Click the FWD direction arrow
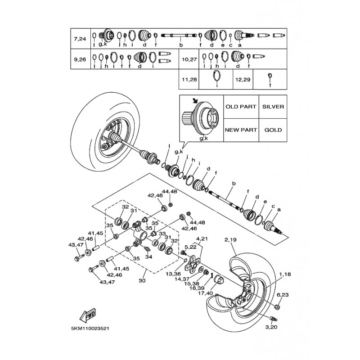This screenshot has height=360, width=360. tap(87, 315)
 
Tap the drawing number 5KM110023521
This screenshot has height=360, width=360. tap(90, 328)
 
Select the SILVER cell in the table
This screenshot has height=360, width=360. tap(273, 107)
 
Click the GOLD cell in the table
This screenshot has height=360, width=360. tap(273, 130)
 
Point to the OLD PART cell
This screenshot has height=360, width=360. tap(241, 107)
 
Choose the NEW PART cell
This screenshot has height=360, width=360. tap(241, 130)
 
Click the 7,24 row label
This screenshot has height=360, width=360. tap(80, 39)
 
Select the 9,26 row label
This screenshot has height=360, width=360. tap(80, 59)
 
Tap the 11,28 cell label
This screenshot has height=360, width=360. tap(189, 80)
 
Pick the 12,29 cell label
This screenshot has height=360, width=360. tap(243, 80)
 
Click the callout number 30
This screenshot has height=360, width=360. tap(142, 280)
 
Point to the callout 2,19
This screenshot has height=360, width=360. tap(230, 240)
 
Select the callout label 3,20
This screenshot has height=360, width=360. tap(271, 327)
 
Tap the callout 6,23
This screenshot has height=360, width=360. tap(283, 295)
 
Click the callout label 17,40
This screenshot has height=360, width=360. tap(205, 293)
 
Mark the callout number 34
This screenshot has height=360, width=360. tap(149, 257)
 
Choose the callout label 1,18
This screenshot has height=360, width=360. tap(285, 274)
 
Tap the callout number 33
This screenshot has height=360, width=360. tap(162, 234)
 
